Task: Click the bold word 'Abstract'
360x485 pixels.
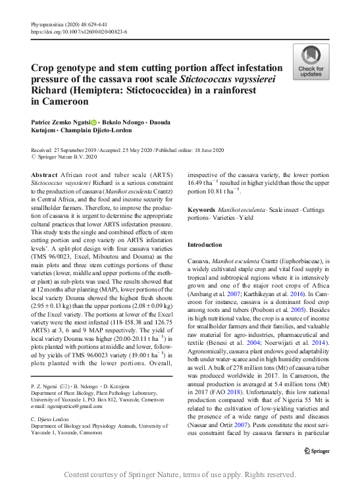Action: point(44,175)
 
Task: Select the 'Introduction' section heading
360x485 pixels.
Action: point(206,244)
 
